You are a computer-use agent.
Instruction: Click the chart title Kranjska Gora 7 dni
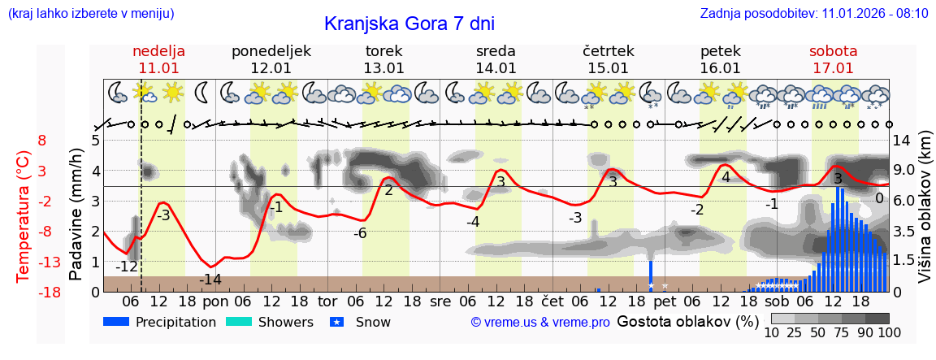click(409, 24)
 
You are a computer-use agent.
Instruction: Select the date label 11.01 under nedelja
click(158, 68)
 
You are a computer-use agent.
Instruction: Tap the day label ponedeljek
click(271, 50)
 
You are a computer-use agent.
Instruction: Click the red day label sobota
click(833, 50)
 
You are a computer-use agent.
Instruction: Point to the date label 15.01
click(608, 68)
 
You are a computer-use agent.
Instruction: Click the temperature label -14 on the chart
click(210, 280)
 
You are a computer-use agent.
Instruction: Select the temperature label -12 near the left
click(127, 267)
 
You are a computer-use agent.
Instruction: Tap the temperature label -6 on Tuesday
click(361, 233)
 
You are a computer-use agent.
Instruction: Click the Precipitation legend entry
click(159, 322)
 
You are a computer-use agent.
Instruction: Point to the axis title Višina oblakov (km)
click(925, 216)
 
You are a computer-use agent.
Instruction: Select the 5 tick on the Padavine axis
click(96, 140)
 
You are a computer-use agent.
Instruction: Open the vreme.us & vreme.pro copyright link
click(540, 322)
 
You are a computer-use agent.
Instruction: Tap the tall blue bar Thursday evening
click(651, 275)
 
